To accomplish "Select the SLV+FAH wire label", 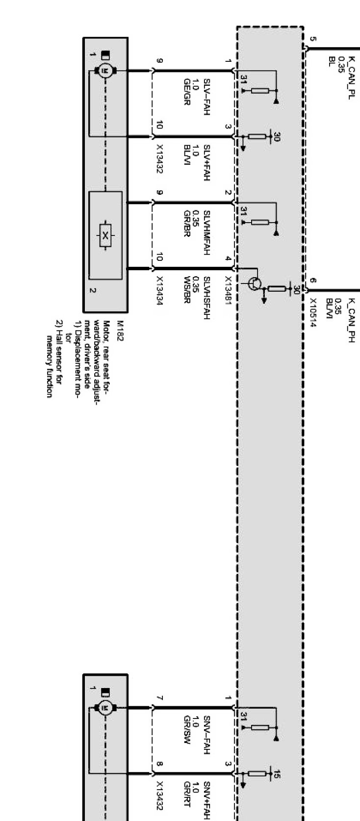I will coord(206,163).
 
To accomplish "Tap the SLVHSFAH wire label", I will coord(206,297).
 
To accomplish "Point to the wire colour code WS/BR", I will coord(186,291).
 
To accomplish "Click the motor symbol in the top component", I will coord(104,71).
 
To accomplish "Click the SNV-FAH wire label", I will coord(206,732).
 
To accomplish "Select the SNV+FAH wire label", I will coord(206,799).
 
